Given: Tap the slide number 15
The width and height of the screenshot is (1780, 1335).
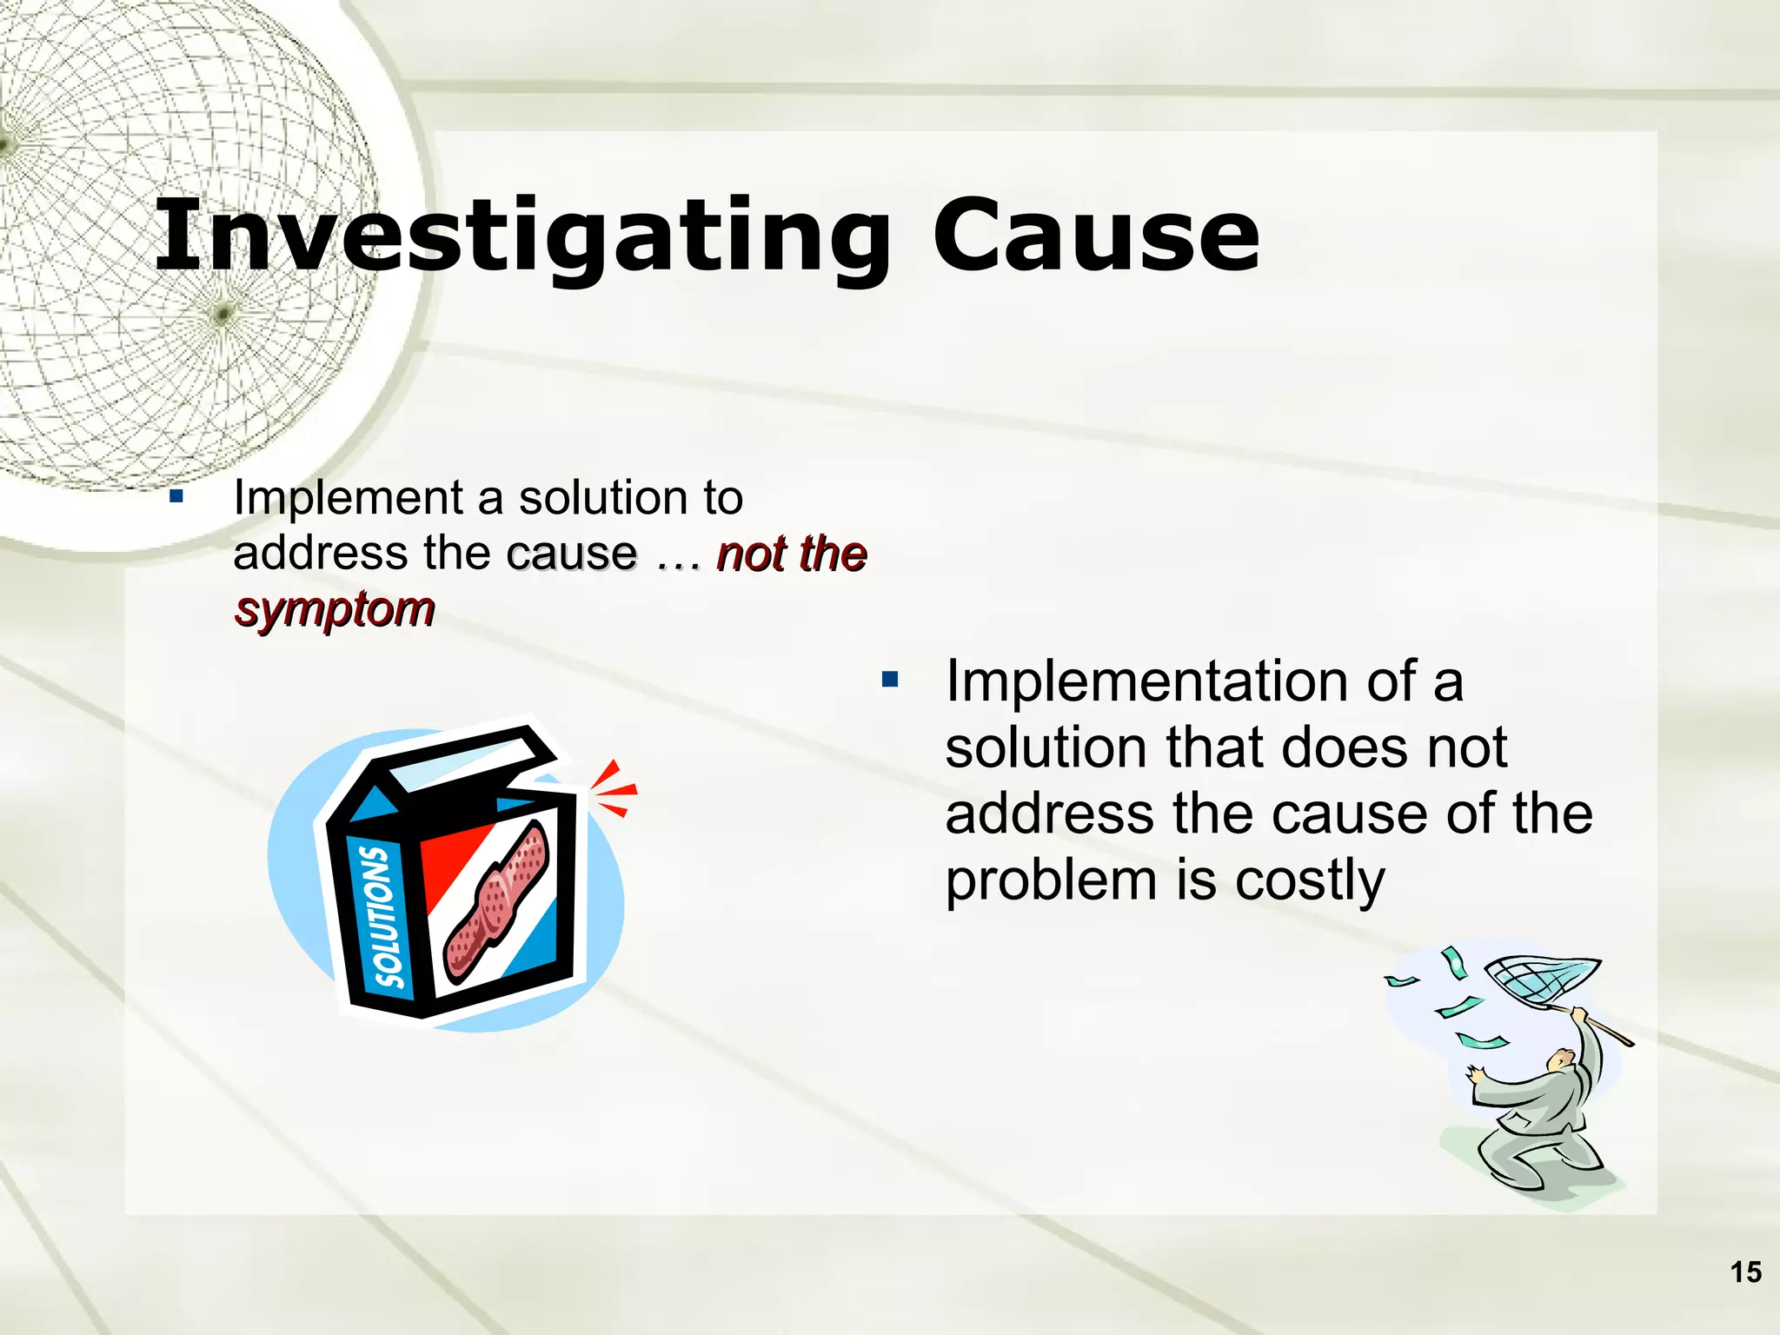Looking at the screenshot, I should [x=1745, y=1272].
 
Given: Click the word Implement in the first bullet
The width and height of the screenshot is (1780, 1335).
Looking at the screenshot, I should [x=348, y=498].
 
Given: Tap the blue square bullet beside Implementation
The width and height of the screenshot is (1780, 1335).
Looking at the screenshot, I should [x=890, y=679].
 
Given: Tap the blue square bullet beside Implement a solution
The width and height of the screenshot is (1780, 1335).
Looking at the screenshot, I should [x=176, y=497].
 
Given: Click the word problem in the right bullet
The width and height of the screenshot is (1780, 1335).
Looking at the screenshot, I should [x=1052, y=880].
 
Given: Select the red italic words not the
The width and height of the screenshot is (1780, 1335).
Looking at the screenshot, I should [x=791, y=554].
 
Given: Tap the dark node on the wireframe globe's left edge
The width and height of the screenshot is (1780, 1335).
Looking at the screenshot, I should [x=4, y=143].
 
